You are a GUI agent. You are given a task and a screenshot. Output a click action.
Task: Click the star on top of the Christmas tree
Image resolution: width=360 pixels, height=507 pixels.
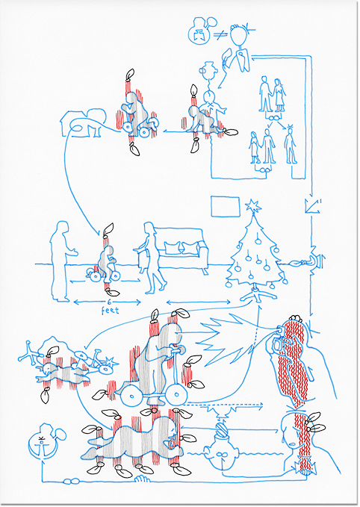[x=253, y=206]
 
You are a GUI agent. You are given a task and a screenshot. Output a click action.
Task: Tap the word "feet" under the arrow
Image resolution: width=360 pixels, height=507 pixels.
[x=110, y=311]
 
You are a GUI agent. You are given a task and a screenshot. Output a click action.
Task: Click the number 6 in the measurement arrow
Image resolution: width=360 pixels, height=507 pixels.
[x=109, y=302]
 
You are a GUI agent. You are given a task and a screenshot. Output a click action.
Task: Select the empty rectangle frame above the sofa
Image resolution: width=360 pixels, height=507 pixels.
[x=226, y=206]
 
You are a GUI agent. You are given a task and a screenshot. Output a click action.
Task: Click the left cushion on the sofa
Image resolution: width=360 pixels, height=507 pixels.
[x=172, y=248]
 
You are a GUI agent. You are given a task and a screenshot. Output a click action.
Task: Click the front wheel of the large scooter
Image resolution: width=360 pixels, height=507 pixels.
[x=176, y=394]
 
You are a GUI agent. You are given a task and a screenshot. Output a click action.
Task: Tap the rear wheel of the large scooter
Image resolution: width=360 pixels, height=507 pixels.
[x=131, y=396]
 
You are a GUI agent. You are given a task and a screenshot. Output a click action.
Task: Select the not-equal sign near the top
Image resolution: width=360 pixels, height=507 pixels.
[x=220, y=34]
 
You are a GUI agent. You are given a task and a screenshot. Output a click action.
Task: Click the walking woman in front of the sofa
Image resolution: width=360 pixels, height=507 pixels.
[x=151, y=258]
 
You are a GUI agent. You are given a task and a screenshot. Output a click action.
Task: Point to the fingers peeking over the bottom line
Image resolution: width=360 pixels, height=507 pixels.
[x=142, y=479]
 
